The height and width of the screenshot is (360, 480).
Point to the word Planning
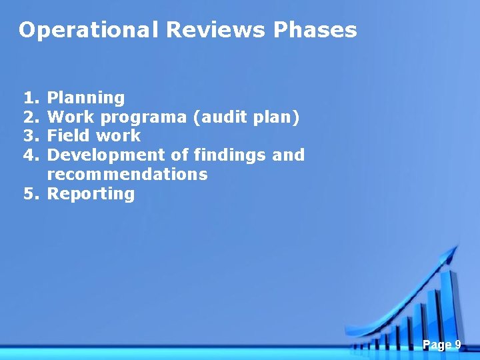pyautogui.click(x=86, y=98)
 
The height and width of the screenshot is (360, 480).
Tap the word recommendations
pyautogui.click(x=127, y=175)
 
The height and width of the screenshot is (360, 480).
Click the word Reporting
pyautogui.click(x=91, y=194)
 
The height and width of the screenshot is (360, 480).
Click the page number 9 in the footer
pyautogui.click(x=458, y=345)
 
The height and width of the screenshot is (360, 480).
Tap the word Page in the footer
pyautogui.click(x=437, y=345)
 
